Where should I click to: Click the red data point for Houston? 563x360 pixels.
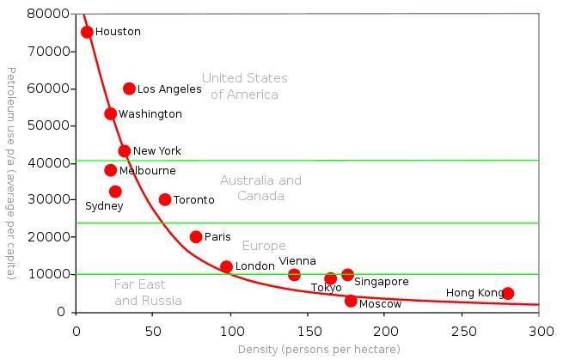[87, 32]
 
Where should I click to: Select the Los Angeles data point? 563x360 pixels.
[129, 88]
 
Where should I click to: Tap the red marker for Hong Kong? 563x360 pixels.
[508, 293]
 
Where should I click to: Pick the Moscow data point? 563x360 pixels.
[351, 301]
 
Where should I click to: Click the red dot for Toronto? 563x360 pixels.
[165, 199]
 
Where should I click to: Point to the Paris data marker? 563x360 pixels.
[196, 236]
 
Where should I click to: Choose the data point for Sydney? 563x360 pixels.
[115, 192]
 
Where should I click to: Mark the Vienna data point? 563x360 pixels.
[294, 275]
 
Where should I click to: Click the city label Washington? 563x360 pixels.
[150, 114]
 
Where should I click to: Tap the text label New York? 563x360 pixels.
[157, 151]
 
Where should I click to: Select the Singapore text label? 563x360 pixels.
[382, 282]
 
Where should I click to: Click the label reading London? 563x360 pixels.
[254, 266]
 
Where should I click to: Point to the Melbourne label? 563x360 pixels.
[147, 171]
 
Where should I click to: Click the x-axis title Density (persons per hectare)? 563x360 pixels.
[308, 351]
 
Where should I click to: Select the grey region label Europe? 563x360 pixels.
[264, 246]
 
